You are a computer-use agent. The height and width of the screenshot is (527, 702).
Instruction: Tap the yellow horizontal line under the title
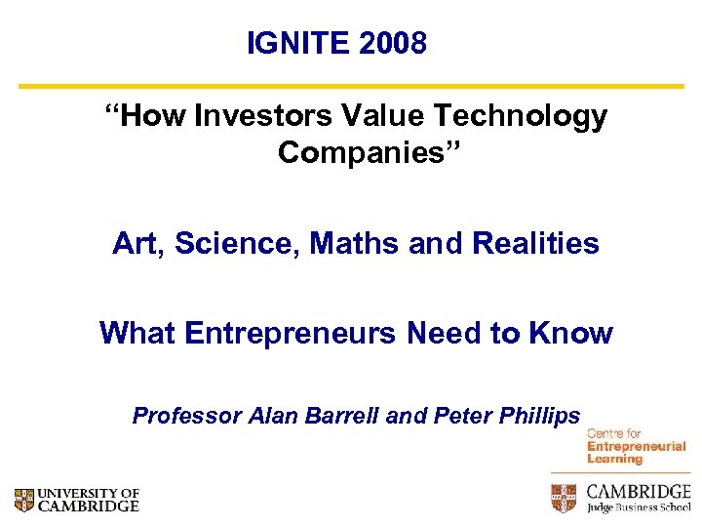[351, 86]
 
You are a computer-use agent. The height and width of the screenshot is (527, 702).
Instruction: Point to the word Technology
[521, 117]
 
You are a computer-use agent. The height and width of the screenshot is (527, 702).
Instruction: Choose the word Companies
[351, 152]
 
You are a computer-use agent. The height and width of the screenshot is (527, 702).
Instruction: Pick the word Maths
[355, 243]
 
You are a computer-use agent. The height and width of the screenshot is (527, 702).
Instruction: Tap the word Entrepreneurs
[288, 333]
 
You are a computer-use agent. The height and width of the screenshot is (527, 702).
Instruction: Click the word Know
[571, 333]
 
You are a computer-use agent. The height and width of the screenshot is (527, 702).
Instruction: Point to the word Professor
[186, 416]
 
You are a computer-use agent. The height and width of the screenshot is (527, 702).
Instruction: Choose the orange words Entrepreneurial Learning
[636, 453]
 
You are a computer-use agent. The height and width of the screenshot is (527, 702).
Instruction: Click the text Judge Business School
[638, 507]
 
